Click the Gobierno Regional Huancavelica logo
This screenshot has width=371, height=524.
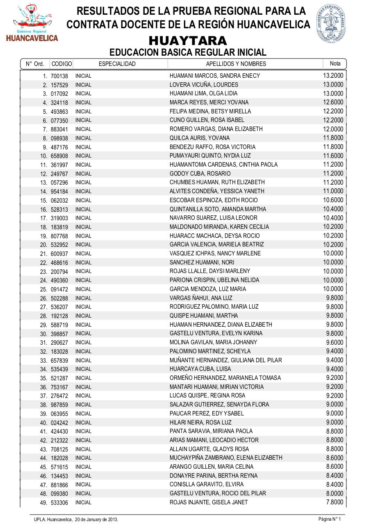tap(32, 23)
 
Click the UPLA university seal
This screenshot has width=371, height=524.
tap(331, 24)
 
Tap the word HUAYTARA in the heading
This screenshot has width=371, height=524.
tap(188, 41)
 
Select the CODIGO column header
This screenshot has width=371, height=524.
tap(61, 64)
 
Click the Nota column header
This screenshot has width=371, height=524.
tap(335, 63)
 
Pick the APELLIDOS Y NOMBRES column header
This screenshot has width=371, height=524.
tap(236, 64)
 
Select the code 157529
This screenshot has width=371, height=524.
tap(59, 85)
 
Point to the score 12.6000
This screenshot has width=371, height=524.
tap(333, 102)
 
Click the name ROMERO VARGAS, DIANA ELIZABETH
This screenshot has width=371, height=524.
tap(216, 129)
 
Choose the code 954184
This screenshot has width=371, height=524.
tap(59, 192)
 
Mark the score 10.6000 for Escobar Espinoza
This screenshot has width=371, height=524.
tap(333, 200)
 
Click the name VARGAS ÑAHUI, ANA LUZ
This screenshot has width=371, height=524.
tap(201, 298)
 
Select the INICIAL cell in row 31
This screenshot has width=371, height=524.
tap(83, 343)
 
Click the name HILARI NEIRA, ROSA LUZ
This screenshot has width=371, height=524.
tap(200, 422)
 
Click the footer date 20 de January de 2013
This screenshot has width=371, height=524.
tap(96, 519)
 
